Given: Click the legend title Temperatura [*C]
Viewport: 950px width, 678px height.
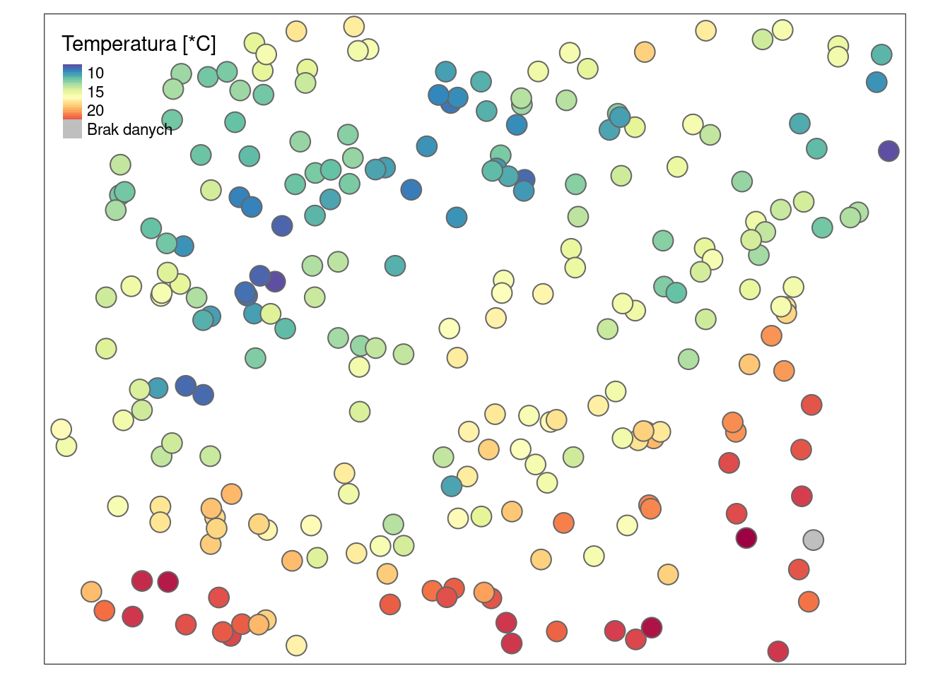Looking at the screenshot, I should pos(139,44).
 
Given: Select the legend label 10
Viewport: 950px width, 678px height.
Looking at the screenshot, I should pos(95,73).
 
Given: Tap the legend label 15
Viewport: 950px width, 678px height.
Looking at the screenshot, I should pos(95,92).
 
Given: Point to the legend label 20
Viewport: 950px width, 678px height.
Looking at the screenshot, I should pos(95,110).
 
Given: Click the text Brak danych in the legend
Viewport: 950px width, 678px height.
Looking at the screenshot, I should pos(129,129).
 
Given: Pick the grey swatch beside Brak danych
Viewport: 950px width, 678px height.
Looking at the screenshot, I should pos(72,129).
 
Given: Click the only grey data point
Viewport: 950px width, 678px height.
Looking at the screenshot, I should pos(813,540).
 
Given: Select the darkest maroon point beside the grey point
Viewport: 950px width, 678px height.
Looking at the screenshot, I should pos(746,538).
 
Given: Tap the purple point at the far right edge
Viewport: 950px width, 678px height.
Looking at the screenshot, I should pos(889,150).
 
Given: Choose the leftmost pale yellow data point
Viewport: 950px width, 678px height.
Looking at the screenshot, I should pos(61,429).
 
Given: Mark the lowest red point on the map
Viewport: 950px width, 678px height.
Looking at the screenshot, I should pos(778,651).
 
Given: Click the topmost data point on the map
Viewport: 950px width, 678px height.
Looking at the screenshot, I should pos(353,27).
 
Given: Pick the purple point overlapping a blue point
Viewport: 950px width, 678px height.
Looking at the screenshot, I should pos(275,282).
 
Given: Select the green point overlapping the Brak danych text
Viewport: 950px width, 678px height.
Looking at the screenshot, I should pos(172,120).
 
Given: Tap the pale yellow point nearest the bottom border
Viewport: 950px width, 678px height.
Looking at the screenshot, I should pos(296,645).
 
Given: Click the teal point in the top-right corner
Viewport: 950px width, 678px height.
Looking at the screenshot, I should pos(881,54).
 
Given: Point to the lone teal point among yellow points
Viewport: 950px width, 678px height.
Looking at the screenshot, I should pos(452,486).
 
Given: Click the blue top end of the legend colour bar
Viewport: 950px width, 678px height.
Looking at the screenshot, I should pos(72,68).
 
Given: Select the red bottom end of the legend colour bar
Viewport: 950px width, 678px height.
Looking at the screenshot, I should pos(72,116).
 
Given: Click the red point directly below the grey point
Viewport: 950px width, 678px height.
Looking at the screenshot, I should pos(799,569).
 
